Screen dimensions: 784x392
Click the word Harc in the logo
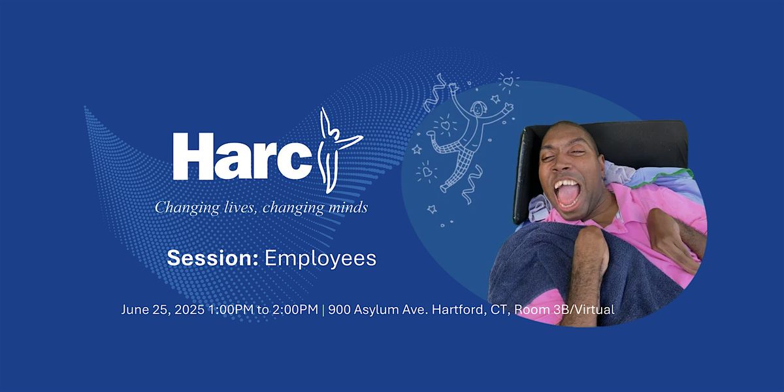[x=242, y=156]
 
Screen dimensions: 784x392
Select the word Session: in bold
[x=212, y=258]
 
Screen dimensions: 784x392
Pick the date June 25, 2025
[x=163, y=310]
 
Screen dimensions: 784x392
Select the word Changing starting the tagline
[x=188, y=208]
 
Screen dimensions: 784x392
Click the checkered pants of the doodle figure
[x=455, y=159]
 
